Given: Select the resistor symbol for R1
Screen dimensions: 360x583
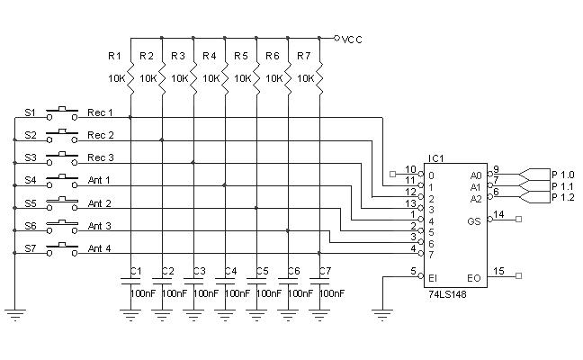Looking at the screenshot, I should point(131,77).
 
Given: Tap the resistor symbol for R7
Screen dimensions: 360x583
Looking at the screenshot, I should point(319,77).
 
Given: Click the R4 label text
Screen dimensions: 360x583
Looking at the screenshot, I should point(209,57).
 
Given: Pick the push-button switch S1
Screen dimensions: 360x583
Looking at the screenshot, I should point(62,113).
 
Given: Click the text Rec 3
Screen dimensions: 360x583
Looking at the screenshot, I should point(100,157).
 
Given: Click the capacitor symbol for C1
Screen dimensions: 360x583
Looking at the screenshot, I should point(131,283).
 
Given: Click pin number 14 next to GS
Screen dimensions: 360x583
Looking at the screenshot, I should point(498,214).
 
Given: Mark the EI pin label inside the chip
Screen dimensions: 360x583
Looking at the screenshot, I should point(432,278).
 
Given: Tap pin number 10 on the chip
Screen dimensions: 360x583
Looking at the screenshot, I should point(410,169).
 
